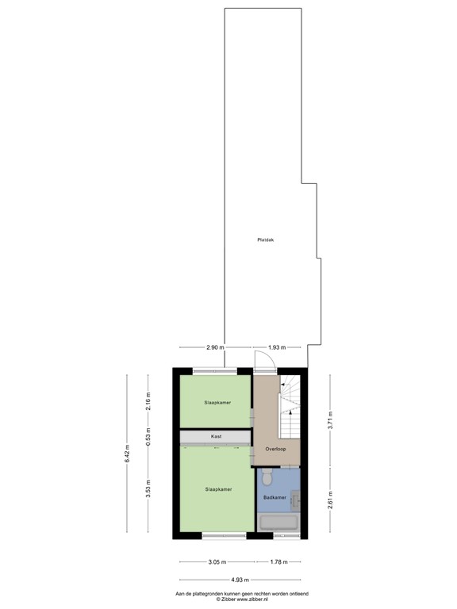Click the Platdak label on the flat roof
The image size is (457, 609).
(x=265, y=239)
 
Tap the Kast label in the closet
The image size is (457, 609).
(x=216, y=437)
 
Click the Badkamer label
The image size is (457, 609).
(x=275, y=498)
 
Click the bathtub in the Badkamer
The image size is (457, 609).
(x=278, y=523)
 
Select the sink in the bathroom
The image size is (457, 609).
(x=295, y=500)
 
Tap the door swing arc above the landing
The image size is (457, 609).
(x=263, y=362)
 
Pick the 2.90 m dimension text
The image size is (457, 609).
(x=215, y=347)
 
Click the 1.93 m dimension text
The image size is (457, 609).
(x=277, y=347)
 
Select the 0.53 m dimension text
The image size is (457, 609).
(x=148, y=437)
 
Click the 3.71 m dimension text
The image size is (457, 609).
(x=330, y=419)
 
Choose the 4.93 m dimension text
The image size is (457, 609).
(x=240, y=580)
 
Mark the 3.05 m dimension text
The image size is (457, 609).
(x=213, y=561)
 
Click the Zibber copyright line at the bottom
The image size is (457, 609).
(x=240, y=600)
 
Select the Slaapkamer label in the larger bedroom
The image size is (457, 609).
(x=218, y=489)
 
